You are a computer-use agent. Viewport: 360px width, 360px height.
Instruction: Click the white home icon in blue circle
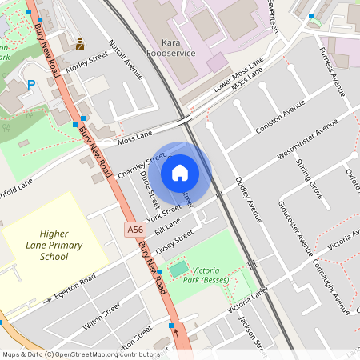(180, 172)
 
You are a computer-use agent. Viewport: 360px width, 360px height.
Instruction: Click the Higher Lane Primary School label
(55, 245)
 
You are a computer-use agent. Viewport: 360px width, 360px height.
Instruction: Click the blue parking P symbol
(32, 84)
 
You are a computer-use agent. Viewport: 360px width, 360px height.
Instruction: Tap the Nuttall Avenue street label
(126, 60)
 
